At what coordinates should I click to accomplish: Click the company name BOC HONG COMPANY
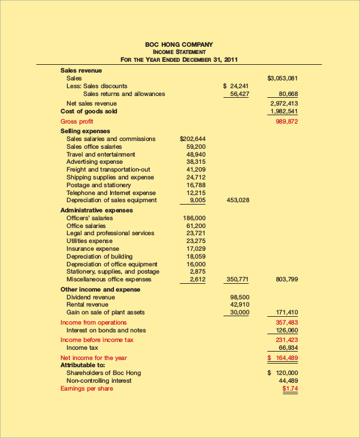point(179,44)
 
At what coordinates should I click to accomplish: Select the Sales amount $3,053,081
point(282,78)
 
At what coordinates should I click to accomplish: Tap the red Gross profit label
point(76,121)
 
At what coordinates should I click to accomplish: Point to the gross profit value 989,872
point(286,121)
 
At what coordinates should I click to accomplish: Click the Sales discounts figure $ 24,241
point(236,86)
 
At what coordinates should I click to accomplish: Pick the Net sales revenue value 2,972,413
point(284,103)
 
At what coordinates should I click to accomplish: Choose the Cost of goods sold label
point(89,111)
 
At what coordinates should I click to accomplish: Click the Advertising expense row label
point(94,161)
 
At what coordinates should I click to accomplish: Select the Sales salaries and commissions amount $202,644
point(193,139)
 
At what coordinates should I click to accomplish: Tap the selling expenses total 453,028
point(238,200)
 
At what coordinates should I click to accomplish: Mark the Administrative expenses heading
point(97,210)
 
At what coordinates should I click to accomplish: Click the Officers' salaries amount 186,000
point(194,218)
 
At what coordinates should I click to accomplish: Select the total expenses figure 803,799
point(286,280)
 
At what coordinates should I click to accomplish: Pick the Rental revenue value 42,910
point(239,304)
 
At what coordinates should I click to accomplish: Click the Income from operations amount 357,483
point(286,322)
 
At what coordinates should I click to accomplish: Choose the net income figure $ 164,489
point(283,358)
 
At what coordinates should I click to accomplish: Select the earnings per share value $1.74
point(290,388)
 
